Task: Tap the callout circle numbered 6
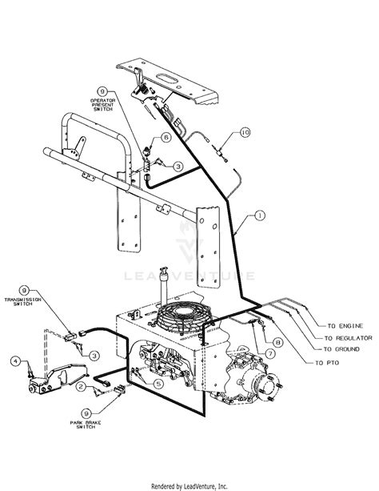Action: click(x=166, y=137)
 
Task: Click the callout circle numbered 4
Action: click(x=15, y=361)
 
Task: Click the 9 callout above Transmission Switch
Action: click(x=25, y=290)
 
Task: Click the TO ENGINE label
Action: click(x=345, y=327)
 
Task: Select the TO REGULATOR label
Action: click(x=349, y=339)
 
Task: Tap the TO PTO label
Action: click(x=337, y=363)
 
